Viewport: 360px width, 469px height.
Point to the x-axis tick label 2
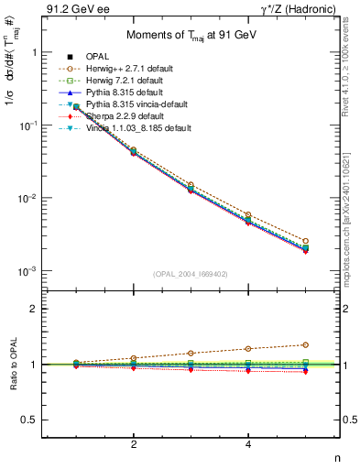point(134,444)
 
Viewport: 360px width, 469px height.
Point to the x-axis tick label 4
point(248,444)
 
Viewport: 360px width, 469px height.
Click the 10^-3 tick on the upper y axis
point(27,271)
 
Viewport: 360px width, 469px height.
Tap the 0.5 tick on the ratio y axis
point(28,420)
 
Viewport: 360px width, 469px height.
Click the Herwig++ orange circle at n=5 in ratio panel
point(306,344)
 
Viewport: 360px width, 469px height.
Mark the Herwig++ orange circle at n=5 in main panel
point(306,240)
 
